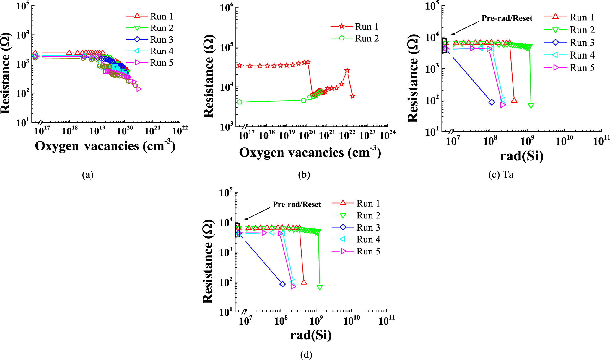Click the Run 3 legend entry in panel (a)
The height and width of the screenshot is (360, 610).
point(149,40)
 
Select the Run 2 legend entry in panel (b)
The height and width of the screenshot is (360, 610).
point(354,38)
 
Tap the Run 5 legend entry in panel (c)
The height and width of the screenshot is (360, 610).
point(569,68)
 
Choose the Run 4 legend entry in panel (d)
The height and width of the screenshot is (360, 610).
point(356,239)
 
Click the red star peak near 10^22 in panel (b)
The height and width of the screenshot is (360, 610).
point(347,71)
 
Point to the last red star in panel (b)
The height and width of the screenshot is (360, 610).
point(352,96)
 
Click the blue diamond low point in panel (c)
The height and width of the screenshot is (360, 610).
point(492,102)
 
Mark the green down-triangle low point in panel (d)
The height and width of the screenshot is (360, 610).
point(320,287)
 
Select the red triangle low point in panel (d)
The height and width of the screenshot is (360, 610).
point(304,282)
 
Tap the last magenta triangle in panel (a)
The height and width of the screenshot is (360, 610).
point(139,89)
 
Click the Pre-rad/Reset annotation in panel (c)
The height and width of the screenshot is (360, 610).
point(507,18)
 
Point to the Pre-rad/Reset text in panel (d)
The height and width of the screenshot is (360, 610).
point(297,205)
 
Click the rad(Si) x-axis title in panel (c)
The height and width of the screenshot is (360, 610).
point(522,156)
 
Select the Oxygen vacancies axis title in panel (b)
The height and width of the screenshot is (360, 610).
point(310,153)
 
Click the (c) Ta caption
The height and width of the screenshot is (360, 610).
point(501,175)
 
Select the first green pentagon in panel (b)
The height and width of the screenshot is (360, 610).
point(240,102)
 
